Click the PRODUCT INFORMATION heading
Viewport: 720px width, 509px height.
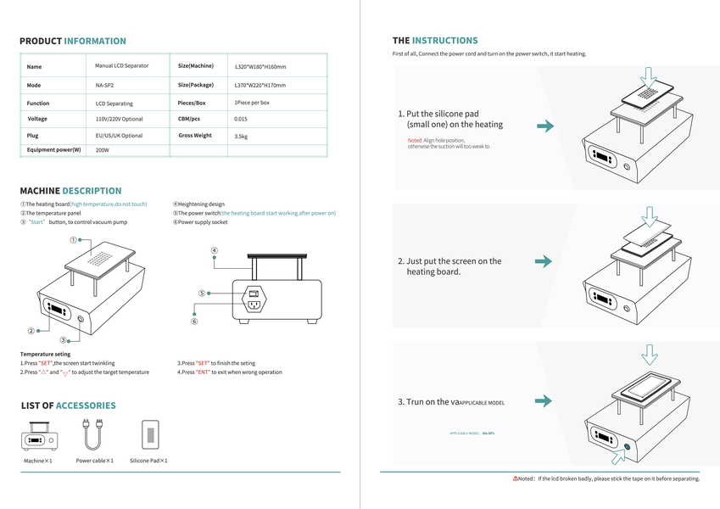pos(73,41)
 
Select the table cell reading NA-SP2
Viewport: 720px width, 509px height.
pos(105,85)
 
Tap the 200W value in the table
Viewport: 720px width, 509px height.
pos(103,150)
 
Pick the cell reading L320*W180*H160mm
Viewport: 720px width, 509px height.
pos(260,66)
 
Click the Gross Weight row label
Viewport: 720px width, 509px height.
pos(195,136)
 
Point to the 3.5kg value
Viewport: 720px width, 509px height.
pos(241,136)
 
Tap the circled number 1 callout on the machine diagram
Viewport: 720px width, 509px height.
pos(74,241)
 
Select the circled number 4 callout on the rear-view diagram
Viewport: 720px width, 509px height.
pos(215,251)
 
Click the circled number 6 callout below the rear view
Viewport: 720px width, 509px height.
pos(194,322)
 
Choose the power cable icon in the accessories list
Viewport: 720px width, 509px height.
pos(93,435)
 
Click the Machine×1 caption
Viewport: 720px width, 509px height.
pos(38,461)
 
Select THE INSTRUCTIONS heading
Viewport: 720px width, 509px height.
pos(435,41)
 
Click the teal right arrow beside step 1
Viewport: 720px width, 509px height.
pos(545,126)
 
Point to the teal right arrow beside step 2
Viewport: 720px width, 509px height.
pos(544,261)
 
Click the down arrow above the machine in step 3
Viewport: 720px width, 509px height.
pos(650,354)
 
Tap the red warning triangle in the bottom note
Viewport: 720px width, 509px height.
pos(516,478)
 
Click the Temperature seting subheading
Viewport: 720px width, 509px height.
pos(45,354)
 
